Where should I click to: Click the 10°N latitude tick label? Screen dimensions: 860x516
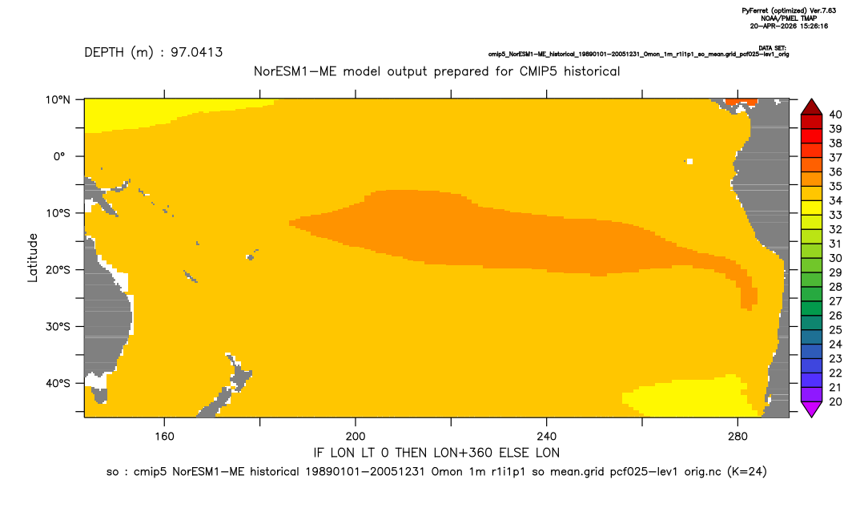(x=58, y=100)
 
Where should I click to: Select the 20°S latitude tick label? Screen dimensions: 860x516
(x=58, y=269)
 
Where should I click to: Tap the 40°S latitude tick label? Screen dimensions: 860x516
(x=58, y=383)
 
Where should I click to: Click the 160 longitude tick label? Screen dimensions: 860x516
(x=164, y=437)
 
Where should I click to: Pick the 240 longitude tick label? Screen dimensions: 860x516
(x=546, y=437)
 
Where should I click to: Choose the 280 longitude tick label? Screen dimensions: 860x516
(x=737, y=437)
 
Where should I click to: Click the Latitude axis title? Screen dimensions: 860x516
(x=32, y=258)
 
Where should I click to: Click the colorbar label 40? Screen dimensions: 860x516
(x=835, y=115)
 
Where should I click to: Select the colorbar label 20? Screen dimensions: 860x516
(x=835, y=401)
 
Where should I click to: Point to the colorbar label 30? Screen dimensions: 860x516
(x=835, y=258)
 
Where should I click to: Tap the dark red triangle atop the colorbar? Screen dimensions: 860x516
(x=811, y=107)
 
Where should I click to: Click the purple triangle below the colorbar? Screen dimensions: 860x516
(x=811, y=409)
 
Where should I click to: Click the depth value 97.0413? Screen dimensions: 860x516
(x=196, y=53)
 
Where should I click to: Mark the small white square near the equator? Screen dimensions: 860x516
(x=689, y=161)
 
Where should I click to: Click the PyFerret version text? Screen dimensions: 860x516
(x=789, y=10)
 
